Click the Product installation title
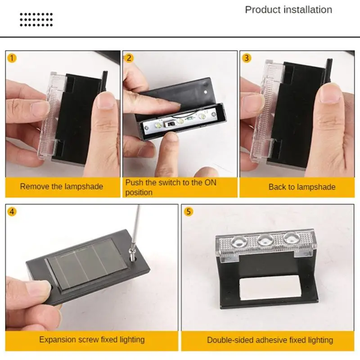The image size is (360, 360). (288, 10)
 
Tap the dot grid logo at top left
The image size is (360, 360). (36, 19)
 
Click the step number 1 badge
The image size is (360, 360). (12, 58)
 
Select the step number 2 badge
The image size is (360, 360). (130, 58)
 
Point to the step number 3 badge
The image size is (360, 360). (247, 58)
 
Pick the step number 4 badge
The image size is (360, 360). (12, 211)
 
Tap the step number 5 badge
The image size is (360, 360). (189, 211)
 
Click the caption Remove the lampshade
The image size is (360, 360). (62, 186)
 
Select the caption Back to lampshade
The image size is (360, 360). (302, 187)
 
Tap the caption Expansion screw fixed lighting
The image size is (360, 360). (92, 339)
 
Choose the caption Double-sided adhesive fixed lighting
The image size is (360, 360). (270, 340)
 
